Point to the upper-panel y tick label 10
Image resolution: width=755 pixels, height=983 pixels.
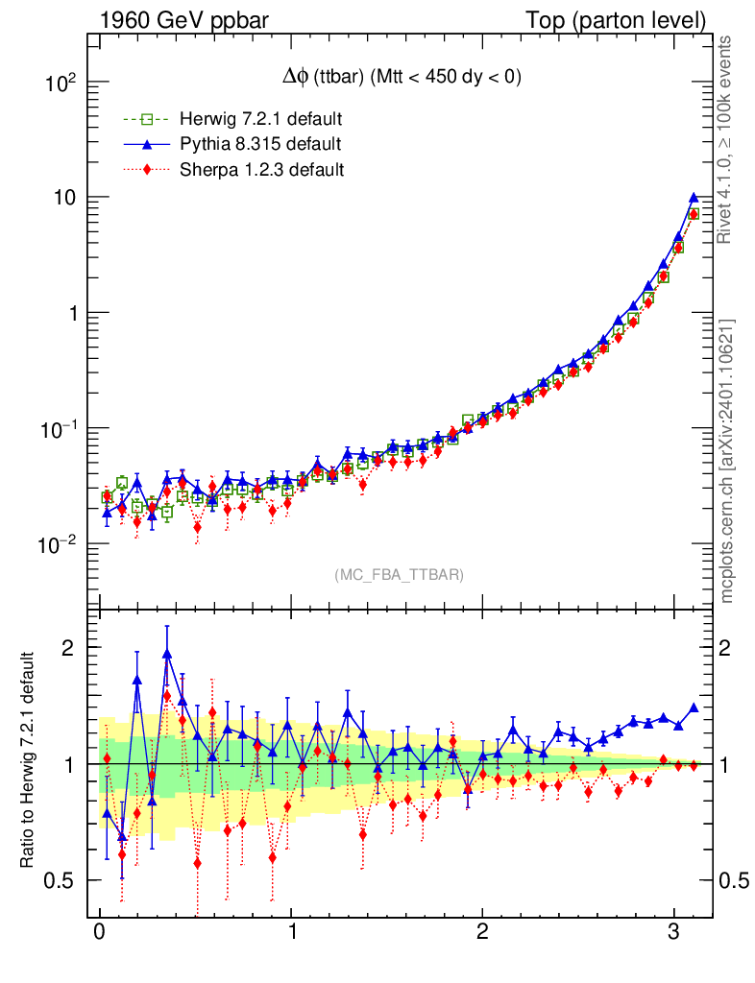pyautogui.click(x=64, y=198)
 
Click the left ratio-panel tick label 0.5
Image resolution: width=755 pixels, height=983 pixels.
pyautogui.click(x=61, y=880)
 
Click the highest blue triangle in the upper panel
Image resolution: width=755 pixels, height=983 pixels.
pyautogui.click(x=693, y=198)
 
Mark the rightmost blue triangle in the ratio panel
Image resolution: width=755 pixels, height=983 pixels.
pyautogui.click(x=693, y=707)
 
